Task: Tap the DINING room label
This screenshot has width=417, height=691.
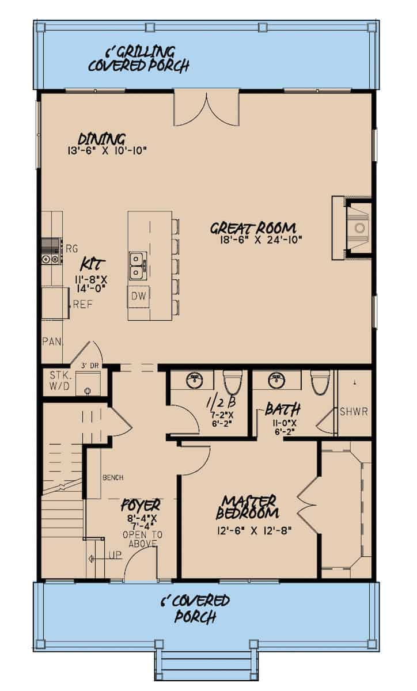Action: tap(102, 139)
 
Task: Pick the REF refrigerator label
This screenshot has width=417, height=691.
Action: tap(82, 305)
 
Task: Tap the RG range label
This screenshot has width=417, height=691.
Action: tap(71, 249)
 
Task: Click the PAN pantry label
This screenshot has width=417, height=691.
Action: tap(51, 341)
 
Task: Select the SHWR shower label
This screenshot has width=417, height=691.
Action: tap(353, 412)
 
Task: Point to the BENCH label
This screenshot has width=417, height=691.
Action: tap(113, 477)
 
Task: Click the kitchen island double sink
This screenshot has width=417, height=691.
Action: tap(137, 265)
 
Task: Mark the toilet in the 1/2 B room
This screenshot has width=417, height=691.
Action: tap(233, 381)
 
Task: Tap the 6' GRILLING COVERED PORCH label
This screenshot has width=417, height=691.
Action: tap(139, 59)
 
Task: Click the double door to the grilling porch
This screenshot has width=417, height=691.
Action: tap(206, 107)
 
